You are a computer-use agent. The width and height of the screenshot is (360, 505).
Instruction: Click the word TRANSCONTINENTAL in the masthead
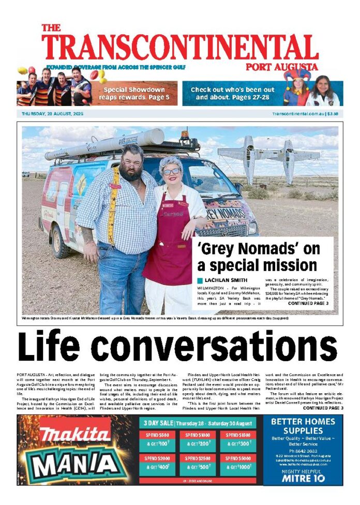point(180,48)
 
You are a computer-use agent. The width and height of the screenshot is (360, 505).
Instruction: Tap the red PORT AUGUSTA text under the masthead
point(282,67)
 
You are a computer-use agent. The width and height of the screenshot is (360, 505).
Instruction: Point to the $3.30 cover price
point(333,113)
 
